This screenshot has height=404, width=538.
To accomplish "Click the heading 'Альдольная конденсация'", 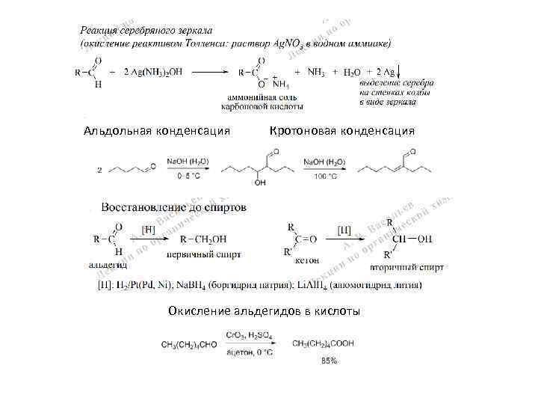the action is (156, 131).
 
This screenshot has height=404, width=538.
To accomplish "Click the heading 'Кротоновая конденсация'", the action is (341, 131).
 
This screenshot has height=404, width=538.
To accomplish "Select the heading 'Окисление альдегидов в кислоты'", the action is (264, 310).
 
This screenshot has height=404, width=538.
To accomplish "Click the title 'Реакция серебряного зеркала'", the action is (146, 31).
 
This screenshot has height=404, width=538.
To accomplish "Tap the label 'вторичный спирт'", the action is (407, 266).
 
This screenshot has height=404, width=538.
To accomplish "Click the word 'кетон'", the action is (307, 260).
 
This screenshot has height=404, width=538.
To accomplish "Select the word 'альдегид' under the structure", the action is (108, 265).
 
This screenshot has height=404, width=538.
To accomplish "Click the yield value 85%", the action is (329, 361).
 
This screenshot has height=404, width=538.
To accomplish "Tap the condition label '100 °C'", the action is (324, 177).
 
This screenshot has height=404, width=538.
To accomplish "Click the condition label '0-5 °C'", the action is (188, 177).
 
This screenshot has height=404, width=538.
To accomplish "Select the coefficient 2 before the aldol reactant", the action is (100, 170).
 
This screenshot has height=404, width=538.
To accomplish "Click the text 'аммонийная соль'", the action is (262, 97).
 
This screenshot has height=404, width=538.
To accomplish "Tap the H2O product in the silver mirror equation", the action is (351, 73).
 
